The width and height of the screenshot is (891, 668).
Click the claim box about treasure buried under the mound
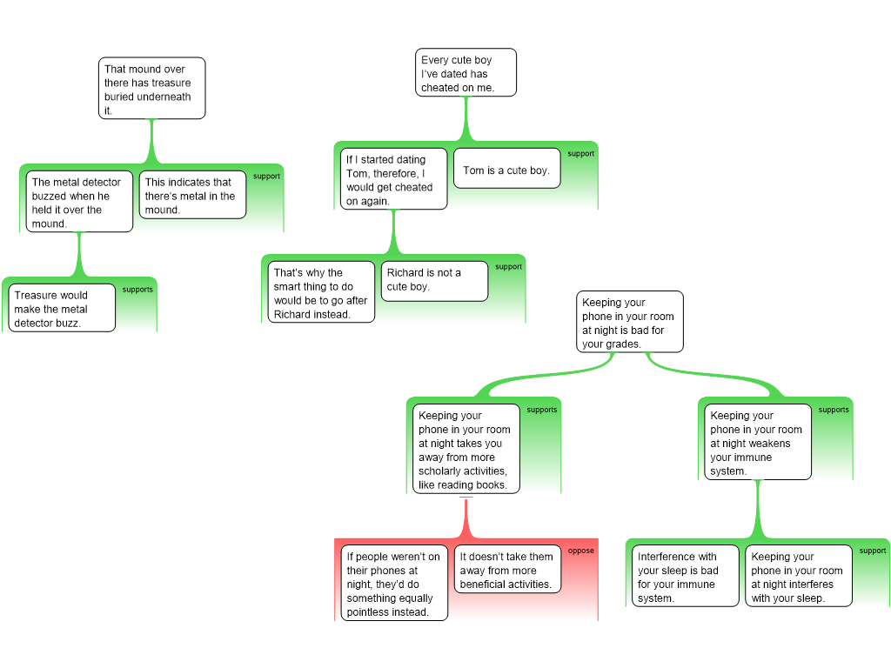(x=152, y=88)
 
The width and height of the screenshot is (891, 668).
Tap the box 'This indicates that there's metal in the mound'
(x=192, y=195)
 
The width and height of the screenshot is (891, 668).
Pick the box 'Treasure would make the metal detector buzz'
(x=63, y=308)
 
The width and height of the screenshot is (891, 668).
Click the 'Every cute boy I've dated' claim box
(x=466, y=73)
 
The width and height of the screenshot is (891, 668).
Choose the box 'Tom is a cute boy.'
(x=506, y=170)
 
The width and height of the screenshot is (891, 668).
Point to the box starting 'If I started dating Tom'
(x=392, y=179)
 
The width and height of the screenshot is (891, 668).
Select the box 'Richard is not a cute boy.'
(x=434, y=279)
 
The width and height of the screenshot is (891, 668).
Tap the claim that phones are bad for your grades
(x=629, y=323)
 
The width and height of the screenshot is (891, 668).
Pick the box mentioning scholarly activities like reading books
(x=466, y=449)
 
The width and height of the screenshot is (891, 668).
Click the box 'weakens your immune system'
(x=755, y=442)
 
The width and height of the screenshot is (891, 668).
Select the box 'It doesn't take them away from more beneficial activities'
(x=507, y=570)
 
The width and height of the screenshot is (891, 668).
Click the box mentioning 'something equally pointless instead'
(x=393, y=583)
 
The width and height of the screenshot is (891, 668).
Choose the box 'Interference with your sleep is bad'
(x=684, y=576)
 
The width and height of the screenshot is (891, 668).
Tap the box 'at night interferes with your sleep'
(x=798, y=576)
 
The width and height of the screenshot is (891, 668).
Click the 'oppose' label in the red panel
(x=581, y=551)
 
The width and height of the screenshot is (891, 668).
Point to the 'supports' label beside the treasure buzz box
(x=137, y=290)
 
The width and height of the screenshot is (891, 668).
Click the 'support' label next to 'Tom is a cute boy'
(x=580, y=154)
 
